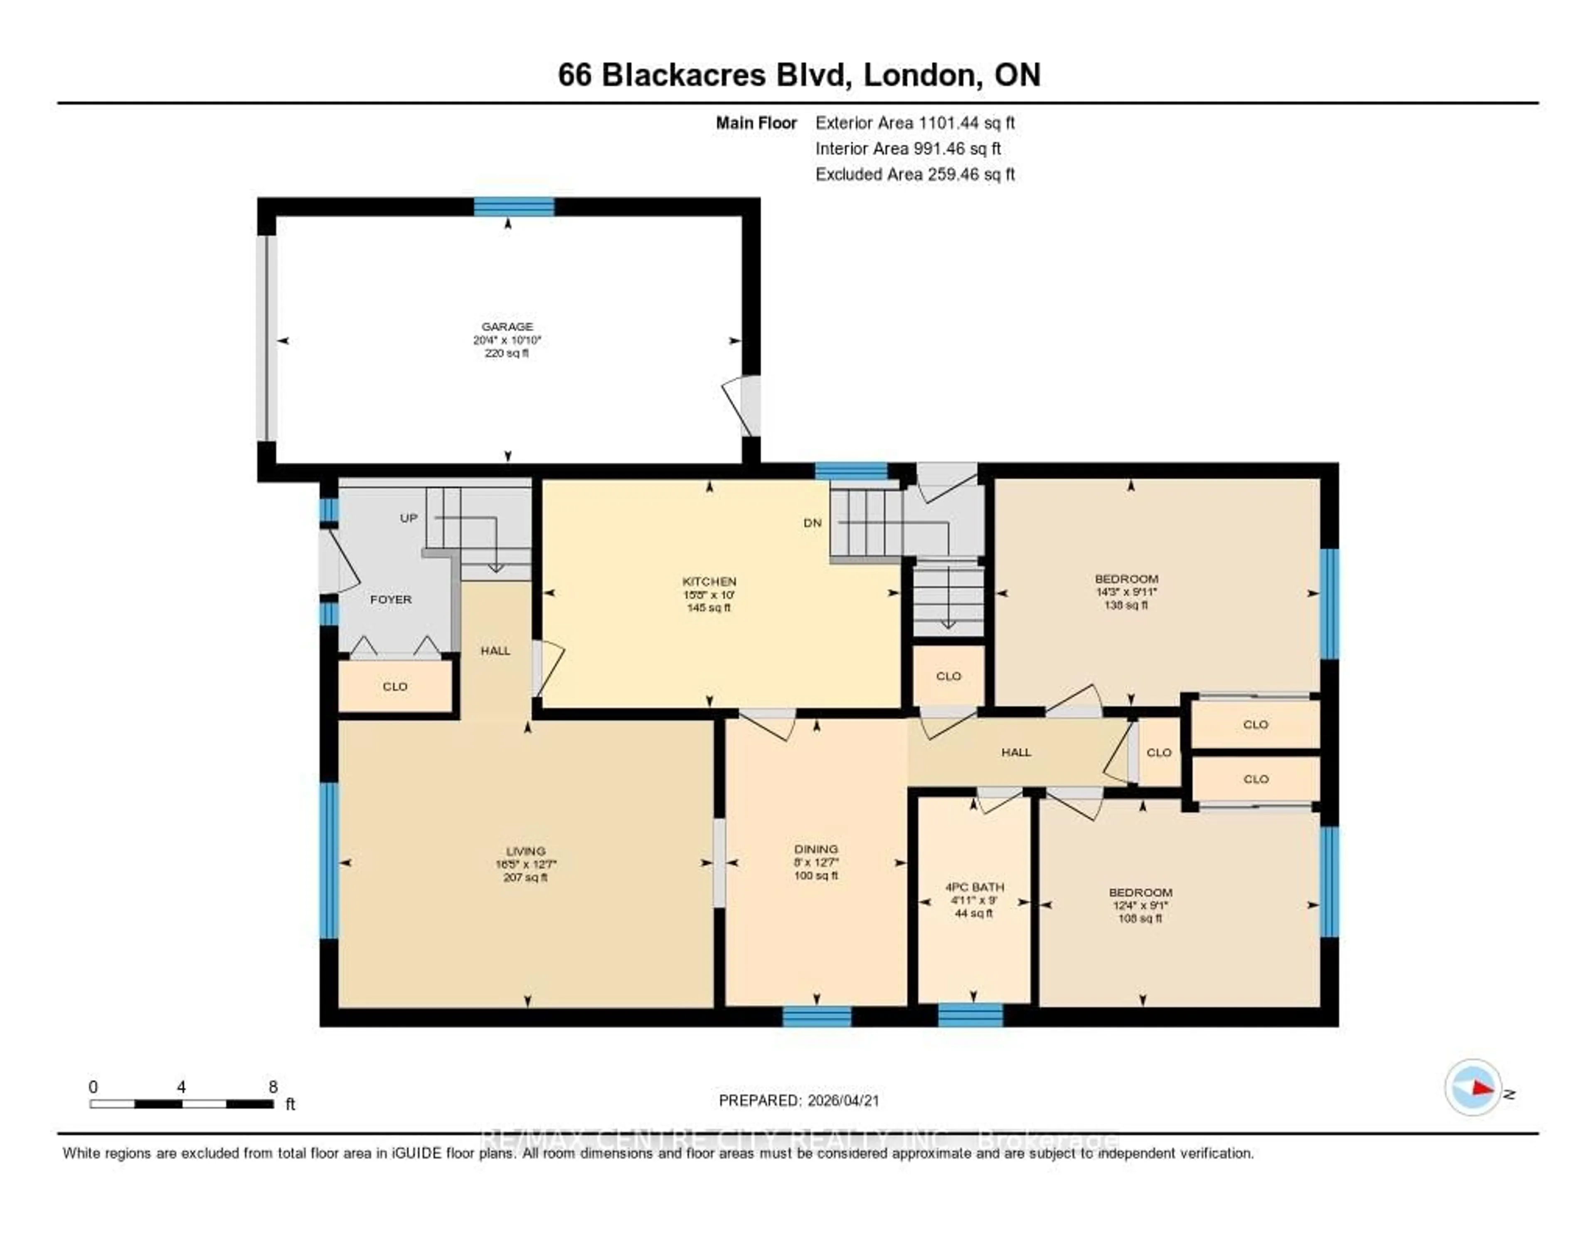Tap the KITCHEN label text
(708, 582)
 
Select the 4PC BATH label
(974, 887)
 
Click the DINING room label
(815, 849)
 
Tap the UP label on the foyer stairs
(409, 518)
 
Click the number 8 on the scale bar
(273, 1087)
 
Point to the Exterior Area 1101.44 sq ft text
(914, 123)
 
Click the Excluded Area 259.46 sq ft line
(914, 174)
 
